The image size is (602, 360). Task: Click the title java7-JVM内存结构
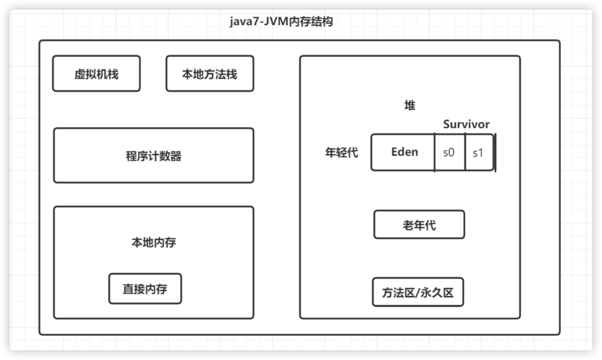pyautogui.click(x=281, y=23)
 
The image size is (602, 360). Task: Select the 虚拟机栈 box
pyautogui.click(x=96, y=74)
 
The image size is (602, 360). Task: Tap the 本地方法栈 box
pyautogui.click(x=210, y=74)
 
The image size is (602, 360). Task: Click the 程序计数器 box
pyautogui.click(x=153, y=155)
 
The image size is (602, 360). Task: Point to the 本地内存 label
pyautogui.click(x=153, y=242)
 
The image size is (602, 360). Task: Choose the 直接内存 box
pyautogui.click(x=145, y=289)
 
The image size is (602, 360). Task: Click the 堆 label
pyautogui.click(x=410, y=105)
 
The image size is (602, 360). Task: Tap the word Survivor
pyautogui.click(x=466, y=124)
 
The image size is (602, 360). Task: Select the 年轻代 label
pyautogui.click(x=342, y=152)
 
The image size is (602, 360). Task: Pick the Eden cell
pyautogui.click(x=404, y=152)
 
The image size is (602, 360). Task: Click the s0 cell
pyautogui.click(x=449, y=152)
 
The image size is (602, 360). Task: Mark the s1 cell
pyautogui.click(x=478, y=152)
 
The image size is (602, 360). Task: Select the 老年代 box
pyautogui.click(x=419, y=225)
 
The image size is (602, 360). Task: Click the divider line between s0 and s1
pyautogui.click(x=465, y=152)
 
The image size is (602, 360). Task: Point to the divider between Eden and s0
pyautogui.click(x=435, y=152)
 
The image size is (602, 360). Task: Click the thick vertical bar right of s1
pyautogui.click(x=495, y=152)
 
